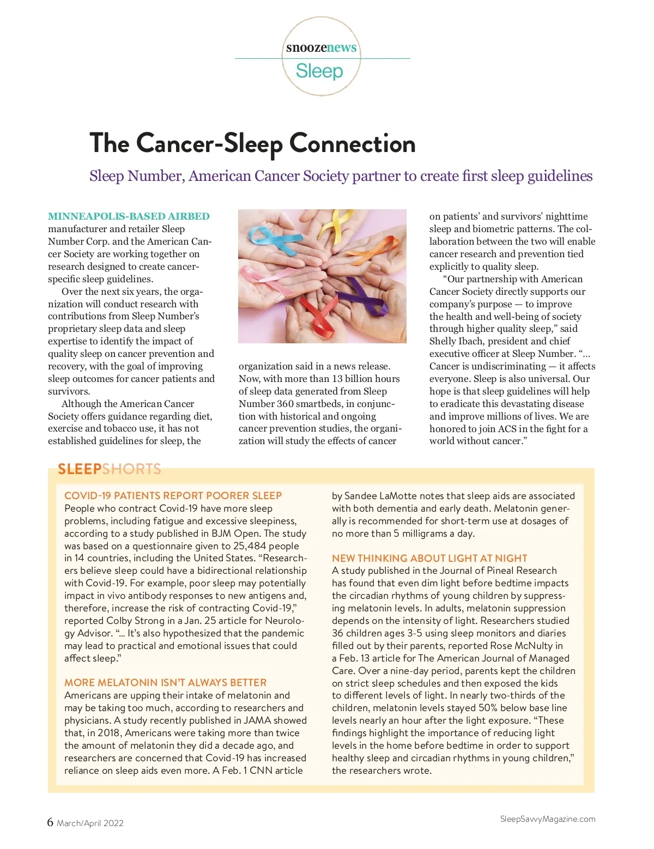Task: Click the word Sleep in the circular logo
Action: click(319, 71)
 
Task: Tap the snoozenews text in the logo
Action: click(322, 47)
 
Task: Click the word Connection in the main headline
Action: click(352, 143)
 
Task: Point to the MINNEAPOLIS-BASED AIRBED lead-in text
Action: click(129, 216)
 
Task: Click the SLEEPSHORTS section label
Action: click(110, 469)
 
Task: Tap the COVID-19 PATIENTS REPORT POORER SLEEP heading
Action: click(173, 495)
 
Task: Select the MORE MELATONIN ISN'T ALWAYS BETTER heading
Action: click(165, 682)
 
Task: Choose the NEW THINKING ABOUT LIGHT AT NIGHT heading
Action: click(429, 558)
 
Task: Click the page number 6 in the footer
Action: click(50, 822)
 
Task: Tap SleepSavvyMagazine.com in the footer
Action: click(547, 819)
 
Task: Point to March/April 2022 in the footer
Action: click(90, 823)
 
